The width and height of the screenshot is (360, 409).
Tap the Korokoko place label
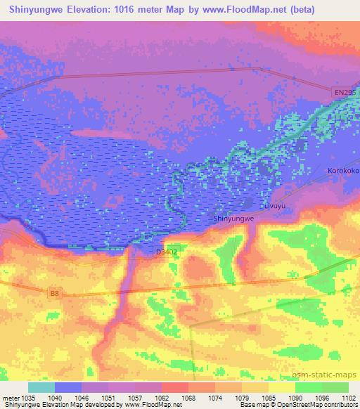(x=343, y=171)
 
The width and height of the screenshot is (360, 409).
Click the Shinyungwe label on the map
(x=233, y=219)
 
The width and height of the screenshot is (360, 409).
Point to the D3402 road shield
(x=165, y=252)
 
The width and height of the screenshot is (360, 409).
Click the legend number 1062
(x=162, y=397)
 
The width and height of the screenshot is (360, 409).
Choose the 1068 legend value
(x=188, y=397)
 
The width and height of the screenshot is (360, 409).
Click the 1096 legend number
(x=322, y=397)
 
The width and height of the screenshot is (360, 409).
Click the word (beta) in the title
(x=297, y=10)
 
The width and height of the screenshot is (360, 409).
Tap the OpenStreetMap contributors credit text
(x=314, y=405)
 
